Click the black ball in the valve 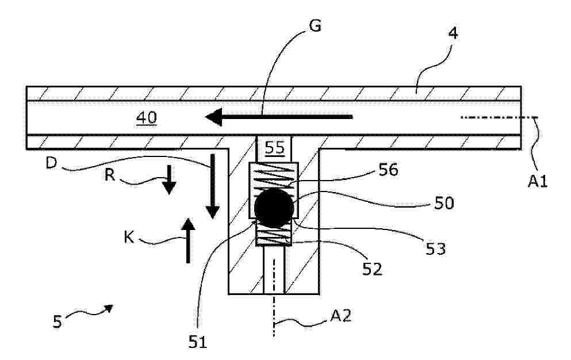[x=274, y=208]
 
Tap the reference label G [x=315, y=26]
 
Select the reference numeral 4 [x=453, y=33]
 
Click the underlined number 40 [x=147, y=118]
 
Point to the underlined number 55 [x=275, y=148]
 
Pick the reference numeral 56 [x=388, y=170]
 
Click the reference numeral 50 [x=444, y=203]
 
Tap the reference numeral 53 [x=435, y=248]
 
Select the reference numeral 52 [x=372, y=269]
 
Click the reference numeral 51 [x=198, y=342]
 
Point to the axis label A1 [x=538, y=181]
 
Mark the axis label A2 [x=341, y=316]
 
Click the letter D [x=52, y=163]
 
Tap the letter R [x=110, y=175]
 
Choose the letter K [x=129, y=238]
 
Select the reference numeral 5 [x=57, y=322]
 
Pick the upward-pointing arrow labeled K [x=188, y=240]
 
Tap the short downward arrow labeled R [x=168, y=179]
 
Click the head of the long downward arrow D [x=212, y=212]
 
